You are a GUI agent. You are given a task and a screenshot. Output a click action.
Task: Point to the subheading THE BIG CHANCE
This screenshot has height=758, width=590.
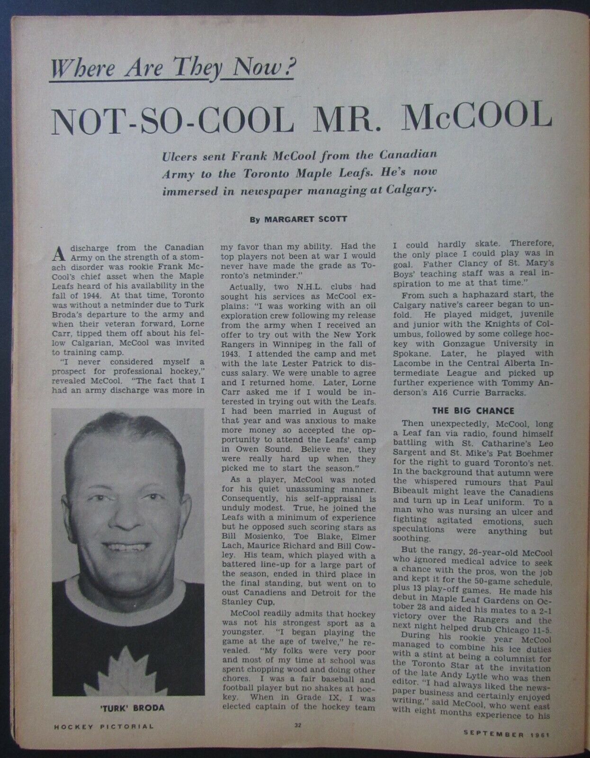click(x=473, y=410)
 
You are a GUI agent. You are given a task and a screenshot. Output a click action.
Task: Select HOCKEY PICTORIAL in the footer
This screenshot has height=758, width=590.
click(x=97, y=726)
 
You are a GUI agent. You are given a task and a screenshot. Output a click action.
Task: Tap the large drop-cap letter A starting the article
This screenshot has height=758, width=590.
click(x=58, y=254)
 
